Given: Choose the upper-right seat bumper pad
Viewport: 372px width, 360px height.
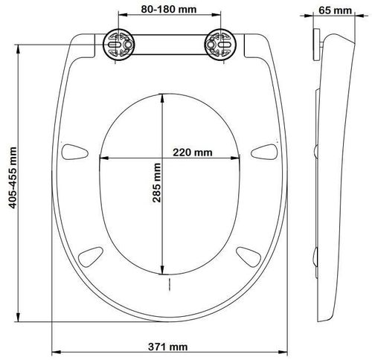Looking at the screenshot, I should (x=264, y=152).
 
